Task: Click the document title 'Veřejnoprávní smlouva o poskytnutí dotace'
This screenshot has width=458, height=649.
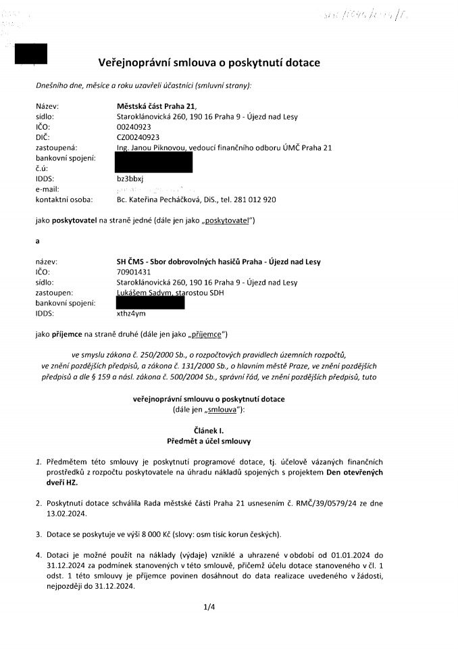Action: (209, 63)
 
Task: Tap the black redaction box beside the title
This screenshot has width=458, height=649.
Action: (31, 53)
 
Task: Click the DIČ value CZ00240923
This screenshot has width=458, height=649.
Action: (138, 137)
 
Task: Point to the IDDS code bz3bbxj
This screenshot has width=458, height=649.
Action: (130, 178)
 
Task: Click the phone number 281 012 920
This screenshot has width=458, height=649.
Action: (256, 199)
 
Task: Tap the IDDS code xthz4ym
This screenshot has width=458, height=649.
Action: (132, 314)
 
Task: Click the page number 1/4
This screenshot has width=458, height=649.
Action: (209, 607)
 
